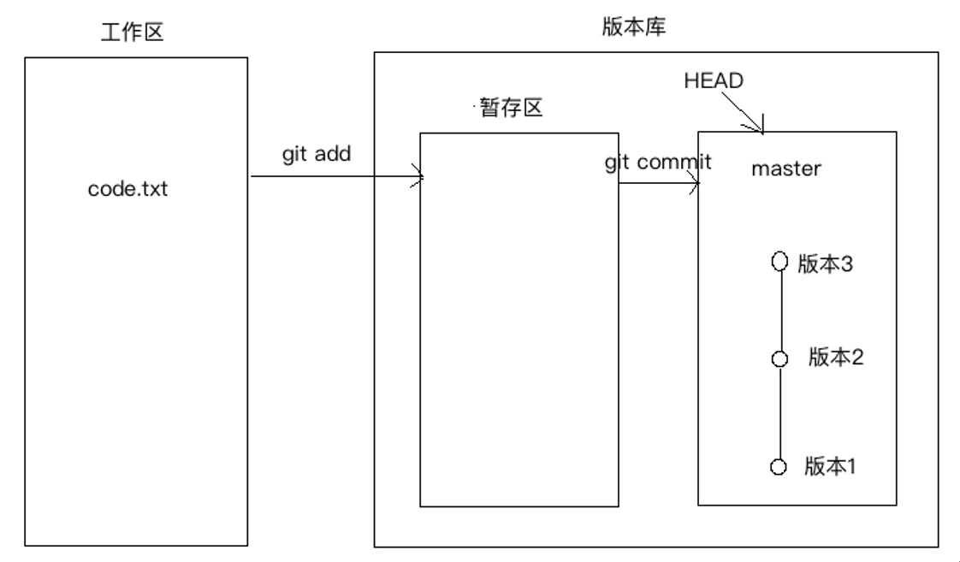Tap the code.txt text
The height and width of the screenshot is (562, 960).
click(128, 189)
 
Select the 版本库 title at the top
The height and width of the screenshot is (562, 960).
click(634, 27)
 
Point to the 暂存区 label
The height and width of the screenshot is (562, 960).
click(512, 110)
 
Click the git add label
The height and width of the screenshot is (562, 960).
click(317, 155)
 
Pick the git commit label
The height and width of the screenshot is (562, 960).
click(658, 163)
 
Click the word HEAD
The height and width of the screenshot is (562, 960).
click(714, 81)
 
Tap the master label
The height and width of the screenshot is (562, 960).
click(786, 169)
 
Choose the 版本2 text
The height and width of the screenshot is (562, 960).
click(836, 358)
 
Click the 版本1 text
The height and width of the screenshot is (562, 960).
click(830, 466)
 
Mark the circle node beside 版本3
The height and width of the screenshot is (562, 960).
click(779, 262)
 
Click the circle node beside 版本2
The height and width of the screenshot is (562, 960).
click(779, 359)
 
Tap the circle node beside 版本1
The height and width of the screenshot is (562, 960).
click(779, 467)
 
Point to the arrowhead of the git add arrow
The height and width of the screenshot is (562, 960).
click(420, 179)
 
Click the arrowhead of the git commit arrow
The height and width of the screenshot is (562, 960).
click(695, 184)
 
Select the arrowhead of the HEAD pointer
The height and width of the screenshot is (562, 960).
click(759, 129)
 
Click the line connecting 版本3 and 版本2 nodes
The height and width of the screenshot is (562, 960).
click(780, 311)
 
